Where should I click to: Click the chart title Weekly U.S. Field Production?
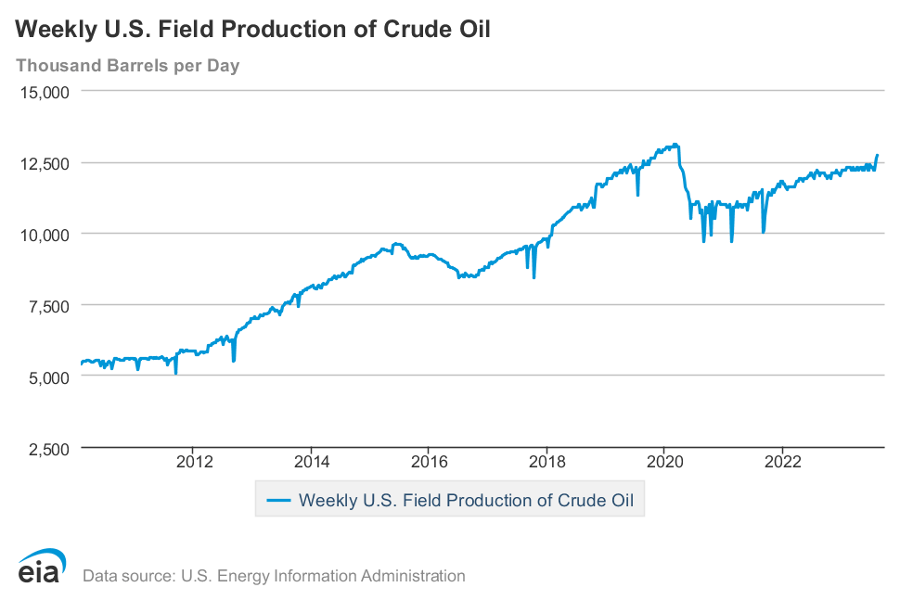coord(251,29)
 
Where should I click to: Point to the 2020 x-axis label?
coord(664,462)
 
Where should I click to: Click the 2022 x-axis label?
coord(782,462)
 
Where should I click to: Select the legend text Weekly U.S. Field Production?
coord(466,501)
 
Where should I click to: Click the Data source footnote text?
coord(274,576)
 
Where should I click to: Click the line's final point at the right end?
coord(877,155)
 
